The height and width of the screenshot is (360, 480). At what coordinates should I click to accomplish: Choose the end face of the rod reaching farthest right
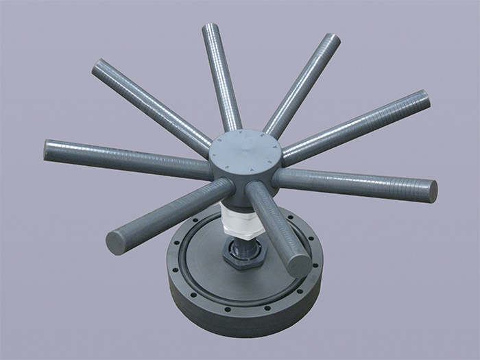(x=431, y=189)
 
